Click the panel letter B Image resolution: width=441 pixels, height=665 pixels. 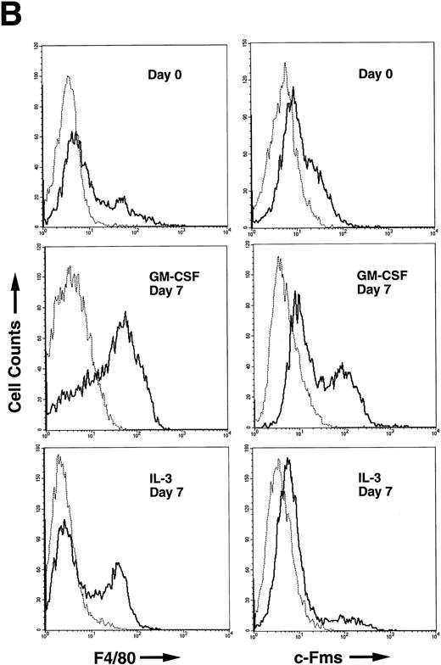click(13, 14)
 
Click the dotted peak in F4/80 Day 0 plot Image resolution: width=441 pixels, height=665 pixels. click(68, 77)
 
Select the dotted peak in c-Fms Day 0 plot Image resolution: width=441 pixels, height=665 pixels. click(286, 63)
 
